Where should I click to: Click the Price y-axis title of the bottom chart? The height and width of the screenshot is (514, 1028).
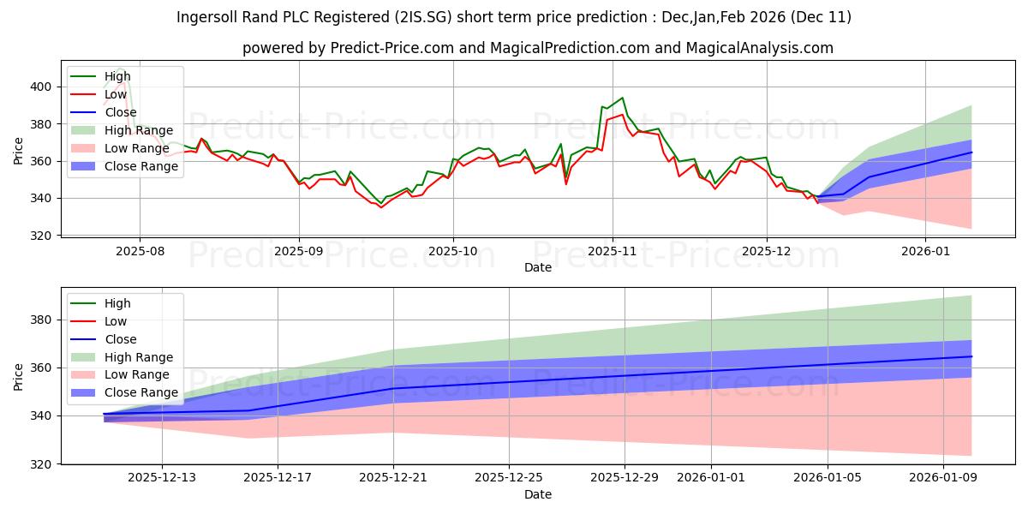coord(19,375)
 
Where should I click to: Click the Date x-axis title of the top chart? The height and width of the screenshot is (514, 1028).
coord(537,267)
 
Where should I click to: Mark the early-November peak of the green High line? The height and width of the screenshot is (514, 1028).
coord(622,98)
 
